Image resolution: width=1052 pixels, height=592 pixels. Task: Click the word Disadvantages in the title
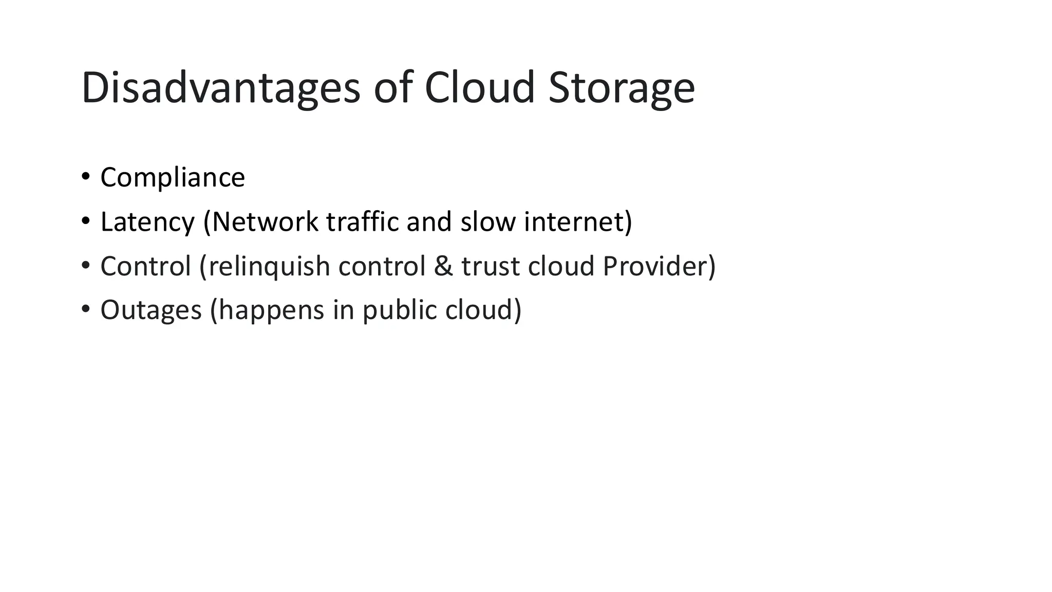coord(221,88)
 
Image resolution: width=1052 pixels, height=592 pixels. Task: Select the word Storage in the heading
coord(622,88)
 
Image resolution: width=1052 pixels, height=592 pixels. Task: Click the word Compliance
coord(173,178)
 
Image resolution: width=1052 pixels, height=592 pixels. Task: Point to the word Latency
coord(147,222)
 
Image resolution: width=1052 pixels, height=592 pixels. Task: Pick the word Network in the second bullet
coord(265,222)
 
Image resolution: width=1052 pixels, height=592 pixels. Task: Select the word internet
coord(574,222)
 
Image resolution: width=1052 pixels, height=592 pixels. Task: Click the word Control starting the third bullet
coord(146,266)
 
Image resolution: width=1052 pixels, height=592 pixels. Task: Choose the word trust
coord(491,266)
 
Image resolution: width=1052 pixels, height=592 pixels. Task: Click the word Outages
coord(151,310)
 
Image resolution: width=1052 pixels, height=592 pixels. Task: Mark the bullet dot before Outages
coord(85,309)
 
